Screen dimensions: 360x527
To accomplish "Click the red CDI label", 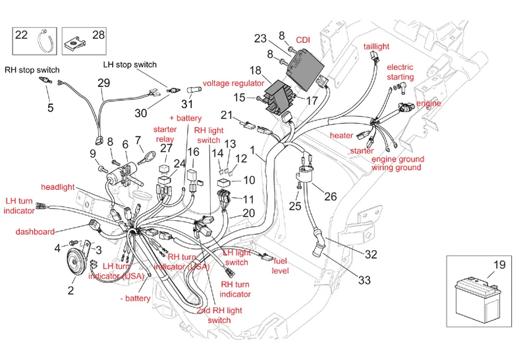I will coord(303,40).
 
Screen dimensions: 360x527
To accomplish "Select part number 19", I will coord(499,264).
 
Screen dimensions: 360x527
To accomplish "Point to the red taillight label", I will coord(377,47).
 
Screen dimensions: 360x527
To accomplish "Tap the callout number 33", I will coord(364,280).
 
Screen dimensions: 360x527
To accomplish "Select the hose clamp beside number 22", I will coord(44,44).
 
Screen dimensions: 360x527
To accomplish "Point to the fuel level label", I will coord(281,266).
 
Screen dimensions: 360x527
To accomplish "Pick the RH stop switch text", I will coord(32,70).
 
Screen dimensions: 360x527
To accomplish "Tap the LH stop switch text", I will coord(130,64).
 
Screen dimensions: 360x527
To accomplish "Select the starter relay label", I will coord(165,135).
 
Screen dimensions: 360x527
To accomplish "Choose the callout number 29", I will coord(103,83).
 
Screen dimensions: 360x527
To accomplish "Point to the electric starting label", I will coord(400,73).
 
